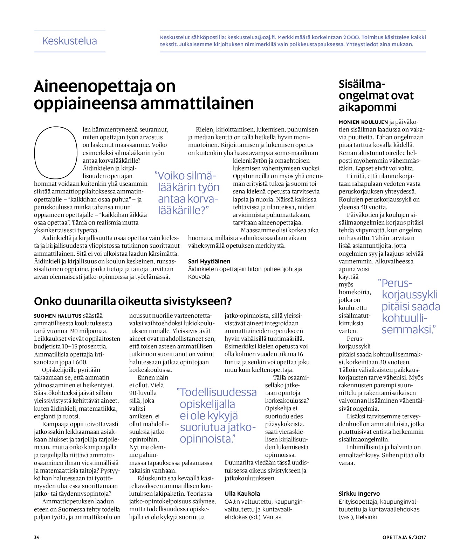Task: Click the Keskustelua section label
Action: [x=69, y=41]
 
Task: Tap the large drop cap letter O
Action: [x=55, y=153]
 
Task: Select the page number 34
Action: [x=37, y=537]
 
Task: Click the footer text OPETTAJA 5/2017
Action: [x=404, y=537]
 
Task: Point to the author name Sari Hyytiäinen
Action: [x=209, y=261]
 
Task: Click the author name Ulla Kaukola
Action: [x=242, y=494]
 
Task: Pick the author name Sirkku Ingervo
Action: [x=359, y=494]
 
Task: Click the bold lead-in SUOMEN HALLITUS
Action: [x=58, y=316]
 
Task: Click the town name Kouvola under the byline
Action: [x=199, y=277]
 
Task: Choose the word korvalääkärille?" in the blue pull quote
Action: [x=188, y=204]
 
